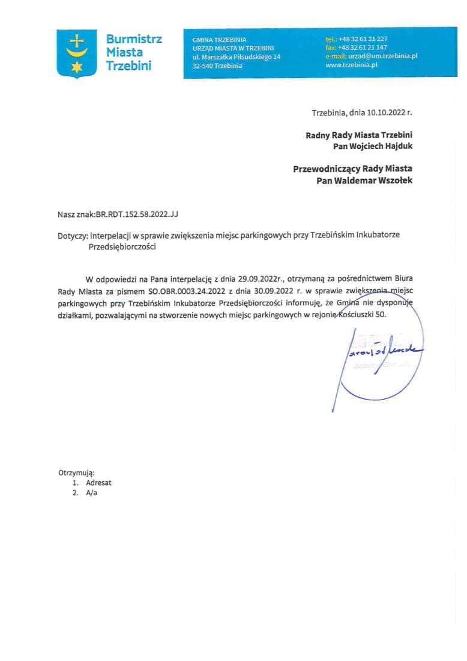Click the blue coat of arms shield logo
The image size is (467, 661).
77,53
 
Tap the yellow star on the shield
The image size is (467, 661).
77,67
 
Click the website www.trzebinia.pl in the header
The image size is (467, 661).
351,64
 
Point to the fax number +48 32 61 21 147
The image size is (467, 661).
363,47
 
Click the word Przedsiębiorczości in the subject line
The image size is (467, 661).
122,246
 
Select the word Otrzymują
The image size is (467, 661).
76,472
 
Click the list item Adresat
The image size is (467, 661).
98,483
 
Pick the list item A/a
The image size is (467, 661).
91,493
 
